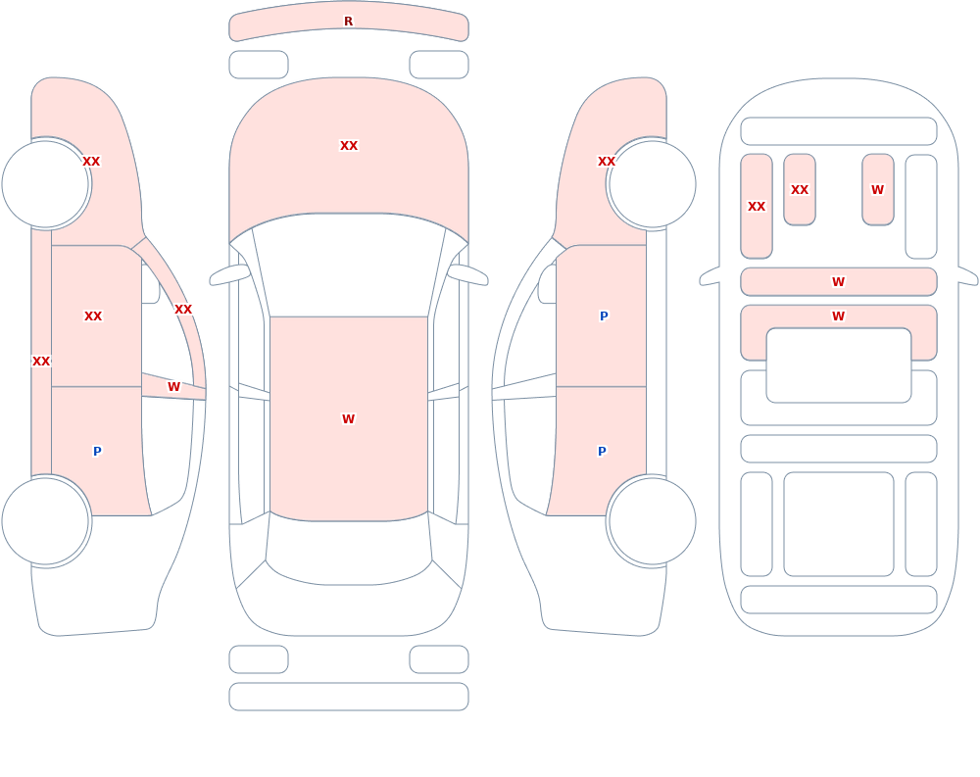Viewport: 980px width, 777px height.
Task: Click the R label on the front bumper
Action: pos(348,22)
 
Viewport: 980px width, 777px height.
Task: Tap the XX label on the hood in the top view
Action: pos(349,146)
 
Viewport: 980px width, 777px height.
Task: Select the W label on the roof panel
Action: pos(348,418)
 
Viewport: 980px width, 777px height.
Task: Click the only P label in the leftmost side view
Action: pos(97,451)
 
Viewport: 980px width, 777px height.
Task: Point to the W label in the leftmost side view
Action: pos(173,386)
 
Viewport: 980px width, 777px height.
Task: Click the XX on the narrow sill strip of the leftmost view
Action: pos(41,361)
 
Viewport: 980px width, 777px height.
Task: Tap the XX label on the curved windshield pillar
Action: pos(183,309)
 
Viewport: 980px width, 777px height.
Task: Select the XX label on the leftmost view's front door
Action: pos(93,316)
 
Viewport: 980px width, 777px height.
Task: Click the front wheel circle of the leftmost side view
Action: pos(46,184)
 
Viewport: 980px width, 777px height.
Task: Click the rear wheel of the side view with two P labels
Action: pos(652,520)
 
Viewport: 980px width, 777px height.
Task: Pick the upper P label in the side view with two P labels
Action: pos(604,316)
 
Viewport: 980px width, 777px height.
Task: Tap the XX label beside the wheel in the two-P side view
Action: pos(607,162)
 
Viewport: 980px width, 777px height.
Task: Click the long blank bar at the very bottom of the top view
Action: pos(349,697)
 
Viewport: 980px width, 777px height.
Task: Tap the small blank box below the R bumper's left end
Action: pos(259,65)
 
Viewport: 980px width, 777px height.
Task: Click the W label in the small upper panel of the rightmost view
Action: pos(877,189)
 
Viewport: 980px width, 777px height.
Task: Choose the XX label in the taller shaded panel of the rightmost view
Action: pos(757,207)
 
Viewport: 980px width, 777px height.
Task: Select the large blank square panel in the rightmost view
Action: pos(839,524)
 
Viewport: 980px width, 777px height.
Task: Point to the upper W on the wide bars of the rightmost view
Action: pos(839,282)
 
